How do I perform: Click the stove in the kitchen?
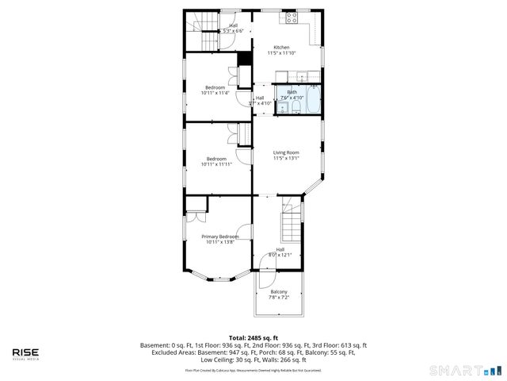tap(292, 17)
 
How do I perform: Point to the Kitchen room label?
tap(283, 47)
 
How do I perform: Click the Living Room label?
tap(286, 152)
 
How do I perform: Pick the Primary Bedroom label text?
tap(219, 237)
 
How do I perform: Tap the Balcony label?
tap(279, 292)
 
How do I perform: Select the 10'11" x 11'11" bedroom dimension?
tap(215, 164)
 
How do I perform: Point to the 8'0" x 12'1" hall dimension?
tap(280, 255)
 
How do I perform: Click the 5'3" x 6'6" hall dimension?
tap(233, 30)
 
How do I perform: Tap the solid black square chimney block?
tap(244, 59)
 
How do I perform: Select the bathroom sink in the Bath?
tap(283, 109)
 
